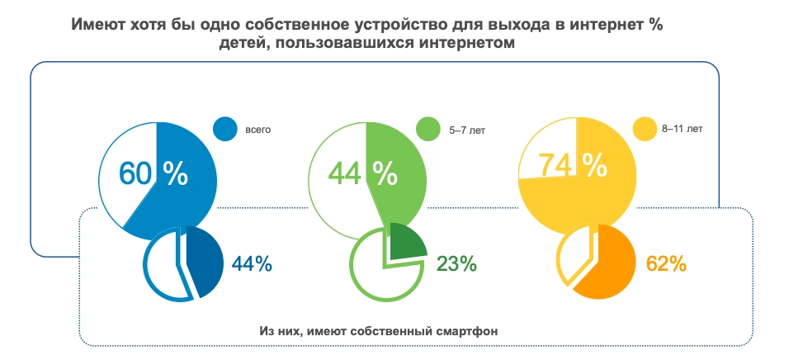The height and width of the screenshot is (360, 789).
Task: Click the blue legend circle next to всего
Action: point(225,129)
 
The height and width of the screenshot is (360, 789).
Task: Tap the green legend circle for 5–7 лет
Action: point(428,129)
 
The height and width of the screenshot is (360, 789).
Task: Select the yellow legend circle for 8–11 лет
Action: point(644,129)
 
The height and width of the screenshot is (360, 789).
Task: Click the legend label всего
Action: point(258,130)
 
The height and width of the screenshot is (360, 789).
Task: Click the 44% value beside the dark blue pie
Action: point(251,264)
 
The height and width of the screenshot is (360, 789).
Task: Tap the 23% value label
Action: point(456,264)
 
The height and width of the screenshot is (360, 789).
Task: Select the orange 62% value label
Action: point(666,264)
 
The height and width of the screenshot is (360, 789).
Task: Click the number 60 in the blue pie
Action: point(137,173)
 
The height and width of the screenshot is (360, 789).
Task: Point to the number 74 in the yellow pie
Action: point(555,165)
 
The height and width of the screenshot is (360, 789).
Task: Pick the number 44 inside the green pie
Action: point(347,173)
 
